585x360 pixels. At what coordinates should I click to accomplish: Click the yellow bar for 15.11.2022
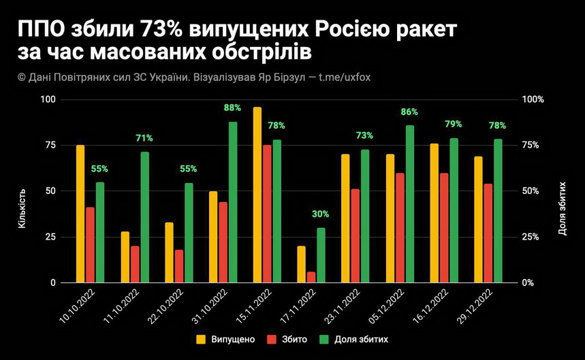click(x=257, y=195)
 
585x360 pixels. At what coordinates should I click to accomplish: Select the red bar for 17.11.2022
click(x=311, y=277)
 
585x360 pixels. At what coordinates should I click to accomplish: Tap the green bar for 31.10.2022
click(x=233, y=202)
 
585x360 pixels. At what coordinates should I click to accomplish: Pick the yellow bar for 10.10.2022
click(x=80, y=214)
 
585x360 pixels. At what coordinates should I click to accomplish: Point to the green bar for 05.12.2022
click(x=410, y=203)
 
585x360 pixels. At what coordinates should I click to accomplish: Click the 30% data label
click(x=321, y=214)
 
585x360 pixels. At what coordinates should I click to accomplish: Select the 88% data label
click(x=233, y=108)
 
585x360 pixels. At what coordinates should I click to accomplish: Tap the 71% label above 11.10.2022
click(x=144, y=138)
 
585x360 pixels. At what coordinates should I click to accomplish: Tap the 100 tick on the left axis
click(x=48, y=99)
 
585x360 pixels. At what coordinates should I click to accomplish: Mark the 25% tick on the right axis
click(x=532, y=237)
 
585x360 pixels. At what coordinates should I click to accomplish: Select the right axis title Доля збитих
click(x=563, y=208)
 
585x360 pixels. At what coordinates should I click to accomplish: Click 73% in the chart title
click(x=163, y=31)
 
